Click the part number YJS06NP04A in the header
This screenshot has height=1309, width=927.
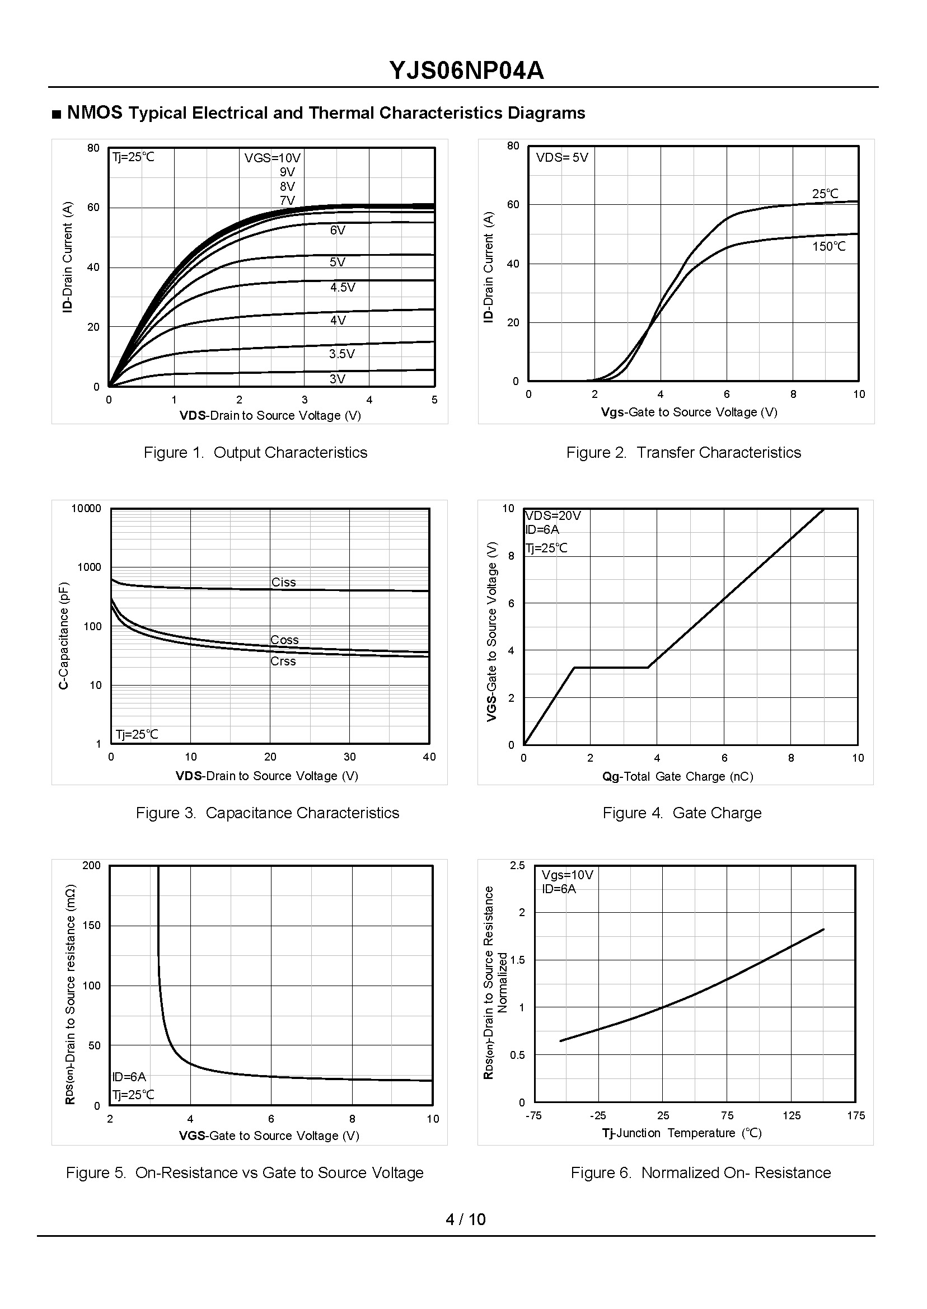[x=466, y=71]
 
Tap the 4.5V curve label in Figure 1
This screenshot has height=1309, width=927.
[x=343, y=288]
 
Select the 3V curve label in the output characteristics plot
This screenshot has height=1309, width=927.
[x=338, y=379]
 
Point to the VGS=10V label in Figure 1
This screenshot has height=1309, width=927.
[x=272, y=158]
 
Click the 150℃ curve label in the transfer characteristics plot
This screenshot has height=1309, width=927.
[x=829, y=246]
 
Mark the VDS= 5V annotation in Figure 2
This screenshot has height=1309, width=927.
[x=561, y=157]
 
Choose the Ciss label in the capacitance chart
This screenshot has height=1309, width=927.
[x=284, y=582]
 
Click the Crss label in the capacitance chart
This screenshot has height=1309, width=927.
[x=283, y=661]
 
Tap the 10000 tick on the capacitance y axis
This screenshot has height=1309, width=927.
[x=86, y=508]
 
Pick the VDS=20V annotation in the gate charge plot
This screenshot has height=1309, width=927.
[x=553, y=516]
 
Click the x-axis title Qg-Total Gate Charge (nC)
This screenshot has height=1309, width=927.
[x=677, y=776]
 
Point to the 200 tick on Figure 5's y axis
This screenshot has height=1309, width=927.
[x=91, y=866]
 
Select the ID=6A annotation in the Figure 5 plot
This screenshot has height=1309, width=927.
[x=129, y=1077]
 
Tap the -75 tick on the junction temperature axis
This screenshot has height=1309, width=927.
[x=533, y=1115]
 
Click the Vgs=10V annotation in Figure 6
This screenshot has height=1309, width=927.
[x=568, y=875]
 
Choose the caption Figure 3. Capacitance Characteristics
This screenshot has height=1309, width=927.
[x=267, y=813]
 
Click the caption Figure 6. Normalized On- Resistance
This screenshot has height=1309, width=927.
[x=700, y=1172]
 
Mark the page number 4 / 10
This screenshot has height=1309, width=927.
[x=465, y=1219]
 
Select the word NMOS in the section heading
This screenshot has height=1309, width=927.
[x=95, y=113]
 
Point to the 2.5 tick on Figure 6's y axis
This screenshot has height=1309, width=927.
[x=517, y=866]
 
